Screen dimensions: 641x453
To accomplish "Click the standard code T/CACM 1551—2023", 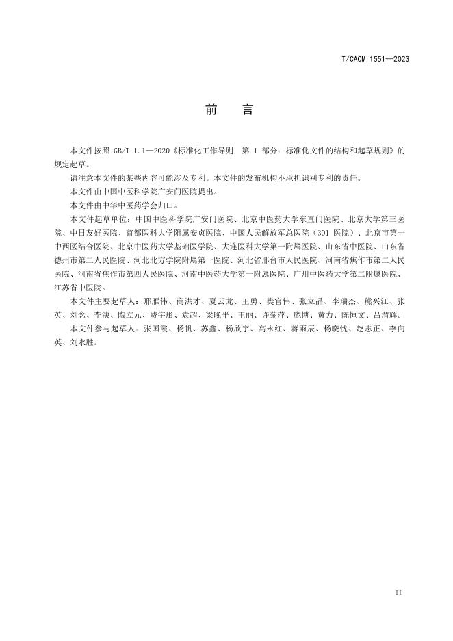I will point(375,60).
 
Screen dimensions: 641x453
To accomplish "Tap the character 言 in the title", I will point(247,110).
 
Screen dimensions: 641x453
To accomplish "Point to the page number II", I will point(398,592).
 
